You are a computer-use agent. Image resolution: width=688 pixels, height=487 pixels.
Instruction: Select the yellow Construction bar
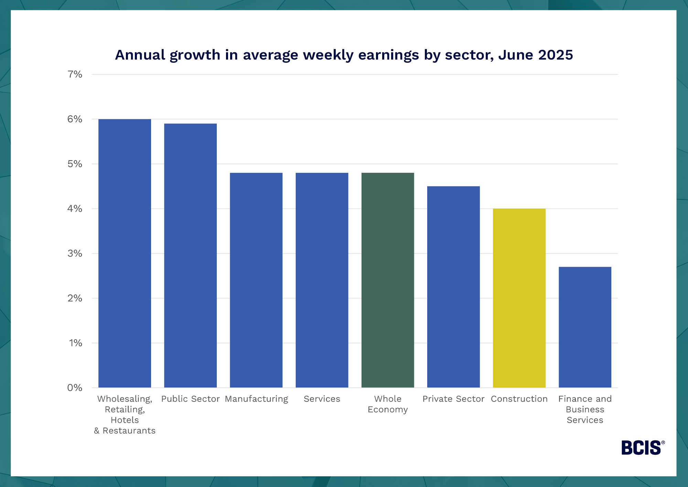click(519, 298)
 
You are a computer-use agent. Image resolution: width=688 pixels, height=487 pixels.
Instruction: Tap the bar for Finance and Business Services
click(585, 327)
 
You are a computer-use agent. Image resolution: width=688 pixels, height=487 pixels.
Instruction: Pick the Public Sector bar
click(190, 255)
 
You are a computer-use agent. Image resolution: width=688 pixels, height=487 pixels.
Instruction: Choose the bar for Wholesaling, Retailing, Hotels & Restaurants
click(125, 253)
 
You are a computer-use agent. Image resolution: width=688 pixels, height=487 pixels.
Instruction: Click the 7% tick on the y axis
click(75, 74)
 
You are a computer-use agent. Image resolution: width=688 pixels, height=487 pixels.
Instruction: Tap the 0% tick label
click(75, 388)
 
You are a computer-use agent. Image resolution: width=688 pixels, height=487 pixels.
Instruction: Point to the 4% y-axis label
click(75, 209)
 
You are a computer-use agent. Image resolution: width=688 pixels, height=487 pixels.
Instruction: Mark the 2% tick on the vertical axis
click(75, 298)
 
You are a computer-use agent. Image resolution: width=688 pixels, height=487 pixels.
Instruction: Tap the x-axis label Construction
click(519, 399)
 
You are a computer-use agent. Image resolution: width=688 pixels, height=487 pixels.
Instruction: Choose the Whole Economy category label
click(388, 404)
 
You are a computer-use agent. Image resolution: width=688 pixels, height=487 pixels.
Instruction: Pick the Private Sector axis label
click(453, 399)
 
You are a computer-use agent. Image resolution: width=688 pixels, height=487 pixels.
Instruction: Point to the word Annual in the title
click(140, 55)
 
